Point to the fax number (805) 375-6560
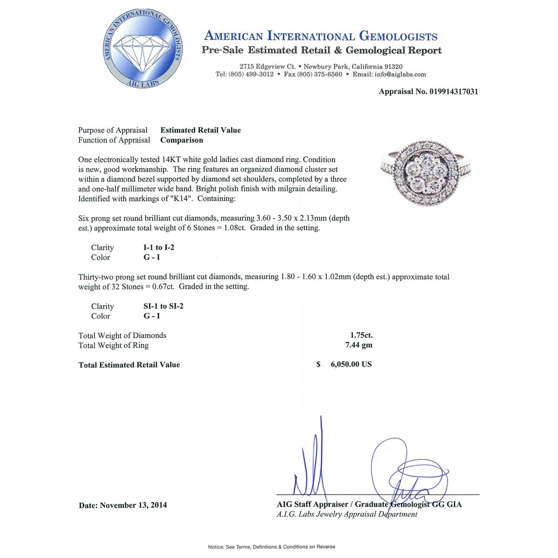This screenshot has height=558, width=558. click(x=319, y=74)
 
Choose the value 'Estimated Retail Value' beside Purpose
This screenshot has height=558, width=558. click(x=200, y=130)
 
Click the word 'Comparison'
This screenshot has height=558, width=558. click(x=182, y=140)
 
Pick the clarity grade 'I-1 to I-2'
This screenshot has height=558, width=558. click(x=159, y=247)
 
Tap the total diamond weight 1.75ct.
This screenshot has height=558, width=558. click(x=361, y=335)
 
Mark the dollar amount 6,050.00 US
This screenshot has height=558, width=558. click(x=351, y=365)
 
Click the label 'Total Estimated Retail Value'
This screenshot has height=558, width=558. click(x=129, y=365)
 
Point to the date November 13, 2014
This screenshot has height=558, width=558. click(x=133, y=505)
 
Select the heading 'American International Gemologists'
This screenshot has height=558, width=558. click(x=321, y=36)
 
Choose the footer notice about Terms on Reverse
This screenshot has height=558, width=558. click(x=272, y=547)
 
